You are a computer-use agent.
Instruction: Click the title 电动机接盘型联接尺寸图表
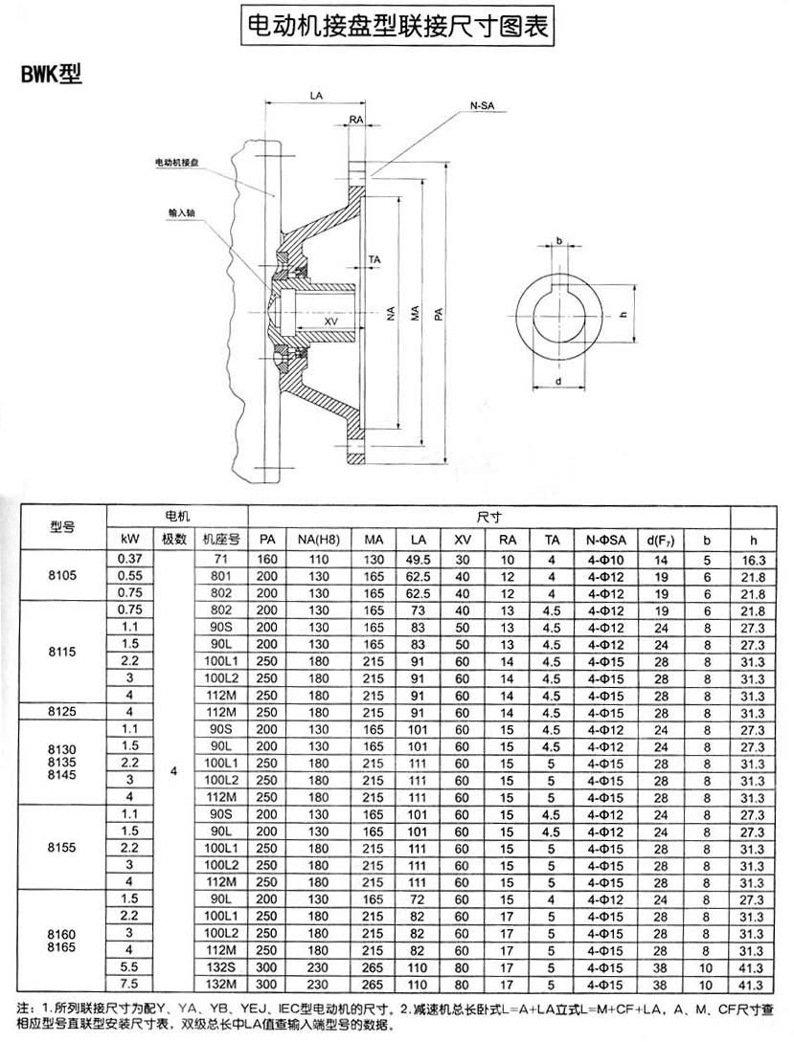397,25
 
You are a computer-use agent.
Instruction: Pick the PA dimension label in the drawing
438,314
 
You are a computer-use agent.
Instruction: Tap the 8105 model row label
62,577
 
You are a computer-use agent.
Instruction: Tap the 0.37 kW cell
129,559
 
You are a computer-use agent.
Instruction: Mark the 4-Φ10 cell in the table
606,559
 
